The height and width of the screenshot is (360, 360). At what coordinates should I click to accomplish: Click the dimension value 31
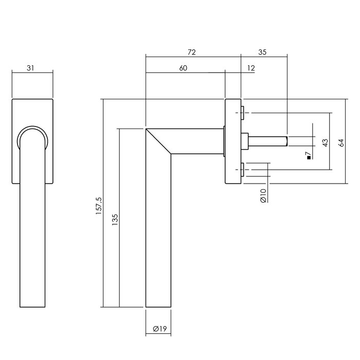(x=32, y=67)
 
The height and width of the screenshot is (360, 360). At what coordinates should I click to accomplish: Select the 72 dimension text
(x=192, y=52)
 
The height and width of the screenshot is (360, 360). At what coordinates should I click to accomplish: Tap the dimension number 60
(x=184, y=68)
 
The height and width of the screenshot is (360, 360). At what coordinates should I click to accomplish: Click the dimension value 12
(x=251, y=68)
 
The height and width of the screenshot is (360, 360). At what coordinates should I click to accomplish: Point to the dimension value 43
(x=325, y=143)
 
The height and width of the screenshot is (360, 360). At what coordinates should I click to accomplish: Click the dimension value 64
(x=340, y=142)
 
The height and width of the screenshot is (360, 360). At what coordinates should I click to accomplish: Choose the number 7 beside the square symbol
(x=308, y=153)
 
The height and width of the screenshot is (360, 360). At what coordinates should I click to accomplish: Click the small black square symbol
(x=308, y=158)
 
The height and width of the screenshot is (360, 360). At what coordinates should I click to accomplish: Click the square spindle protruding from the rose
(x=267, y=140)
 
